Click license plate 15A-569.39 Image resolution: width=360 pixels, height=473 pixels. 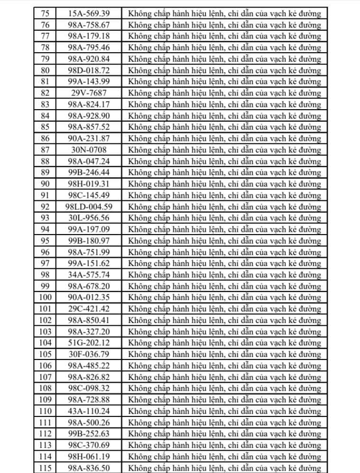89,13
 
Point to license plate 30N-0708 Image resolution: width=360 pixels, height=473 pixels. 89,150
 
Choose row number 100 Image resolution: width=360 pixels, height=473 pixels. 46,298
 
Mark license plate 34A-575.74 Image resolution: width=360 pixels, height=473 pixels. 89,275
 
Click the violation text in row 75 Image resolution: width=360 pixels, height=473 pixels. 225,13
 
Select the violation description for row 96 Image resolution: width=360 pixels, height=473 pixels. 225,252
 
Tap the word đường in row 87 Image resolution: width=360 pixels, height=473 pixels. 308,150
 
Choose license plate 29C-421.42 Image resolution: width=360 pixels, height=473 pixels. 89,309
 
